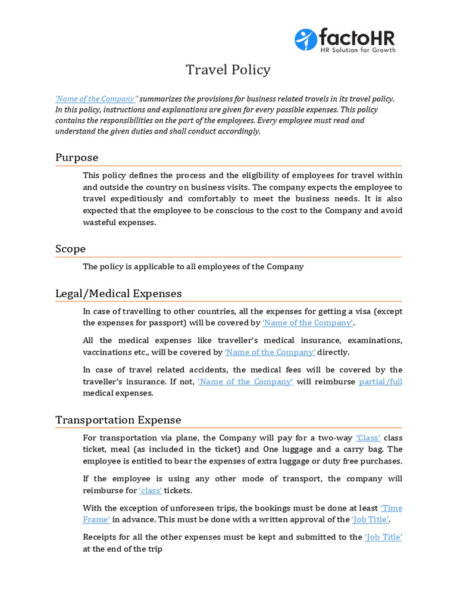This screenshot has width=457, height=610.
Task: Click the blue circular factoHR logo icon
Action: pos(306,39)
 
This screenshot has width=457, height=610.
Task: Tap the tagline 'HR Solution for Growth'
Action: pos(358,50)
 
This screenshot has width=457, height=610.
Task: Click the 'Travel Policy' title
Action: pos(228,70)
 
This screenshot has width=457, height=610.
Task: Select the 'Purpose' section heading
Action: pos(77,157)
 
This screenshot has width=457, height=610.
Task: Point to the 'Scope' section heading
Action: pos(70,248)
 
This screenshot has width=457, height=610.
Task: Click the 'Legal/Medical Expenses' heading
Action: pos(118,293)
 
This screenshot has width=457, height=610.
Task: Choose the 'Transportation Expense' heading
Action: pos(118,420)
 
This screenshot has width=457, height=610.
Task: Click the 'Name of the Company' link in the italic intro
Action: pos(96,99)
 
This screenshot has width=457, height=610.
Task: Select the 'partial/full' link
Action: pos(381,381)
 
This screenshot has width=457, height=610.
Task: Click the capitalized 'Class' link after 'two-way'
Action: pos(368,438)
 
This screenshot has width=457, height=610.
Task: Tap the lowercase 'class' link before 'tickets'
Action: pos(151,490)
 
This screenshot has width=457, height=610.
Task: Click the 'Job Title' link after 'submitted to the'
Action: pos(384,537)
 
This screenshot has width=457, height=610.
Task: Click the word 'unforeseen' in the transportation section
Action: pos(187,508)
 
